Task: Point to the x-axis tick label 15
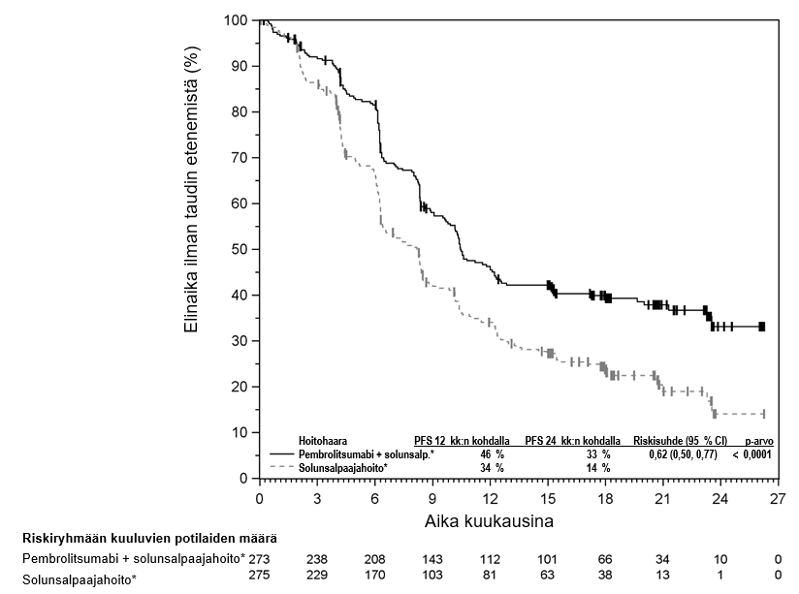pos(549,499)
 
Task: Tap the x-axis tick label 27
pos(778,499)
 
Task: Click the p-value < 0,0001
pos(752,453)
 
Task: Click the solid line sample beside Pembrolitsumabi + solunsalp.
pos(283,453)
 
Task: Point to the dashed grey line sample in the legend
pos(283,467)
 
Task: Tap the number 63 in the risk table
pos(549,578)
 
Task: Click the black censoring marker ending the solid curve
pos(762,327)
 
